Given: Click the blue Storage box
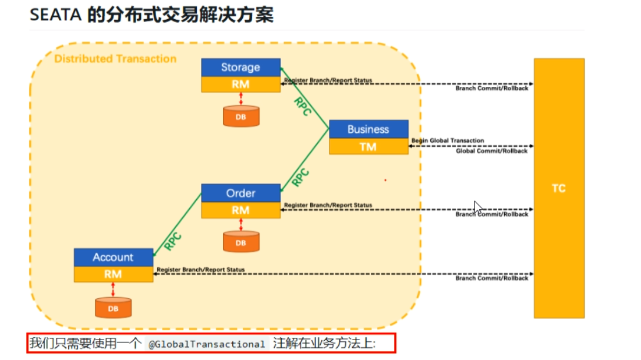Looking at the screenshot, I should [x=240, y=67].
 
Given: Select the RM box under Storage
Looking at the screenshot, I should [x=240, y=84].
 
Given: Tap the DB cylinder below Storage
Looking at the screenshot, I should [x=240, y=117].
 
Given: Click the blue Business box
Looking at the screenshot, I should [x=368, y=129].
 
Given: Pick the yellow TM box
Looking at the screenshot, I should [x=368, y=147].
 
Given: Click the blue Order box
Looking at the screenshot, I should [x=240, y=193].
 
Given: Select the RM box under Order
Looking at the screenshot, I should [x=240, y=210].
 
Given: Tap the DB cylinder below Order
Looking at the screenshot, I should [x=240, y=242].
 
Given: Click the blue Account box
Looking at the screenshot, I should [x=113, y=257].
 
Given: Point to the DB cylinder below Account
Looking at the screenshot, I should [x=113, y=308].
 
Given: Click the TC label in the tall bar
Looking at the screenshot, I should [x=558, y=189].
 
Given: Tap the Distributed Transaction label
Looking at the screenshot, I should [x=115, y=59].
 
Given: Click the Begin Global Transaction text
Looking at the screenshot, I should [x=447, y=141].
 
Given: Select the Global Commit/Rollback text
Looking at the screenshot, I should [x=491, y=151].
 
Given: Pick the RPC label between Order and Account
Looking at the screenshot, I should [x=173, y=241].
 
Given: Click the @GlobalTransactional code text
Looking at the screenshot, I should [x=207, y=344].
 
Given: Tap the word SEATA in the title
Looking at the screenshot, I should [x=55, y=15].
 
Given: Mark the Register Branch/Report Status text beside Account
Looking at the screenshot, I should [x=201, y=270].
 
